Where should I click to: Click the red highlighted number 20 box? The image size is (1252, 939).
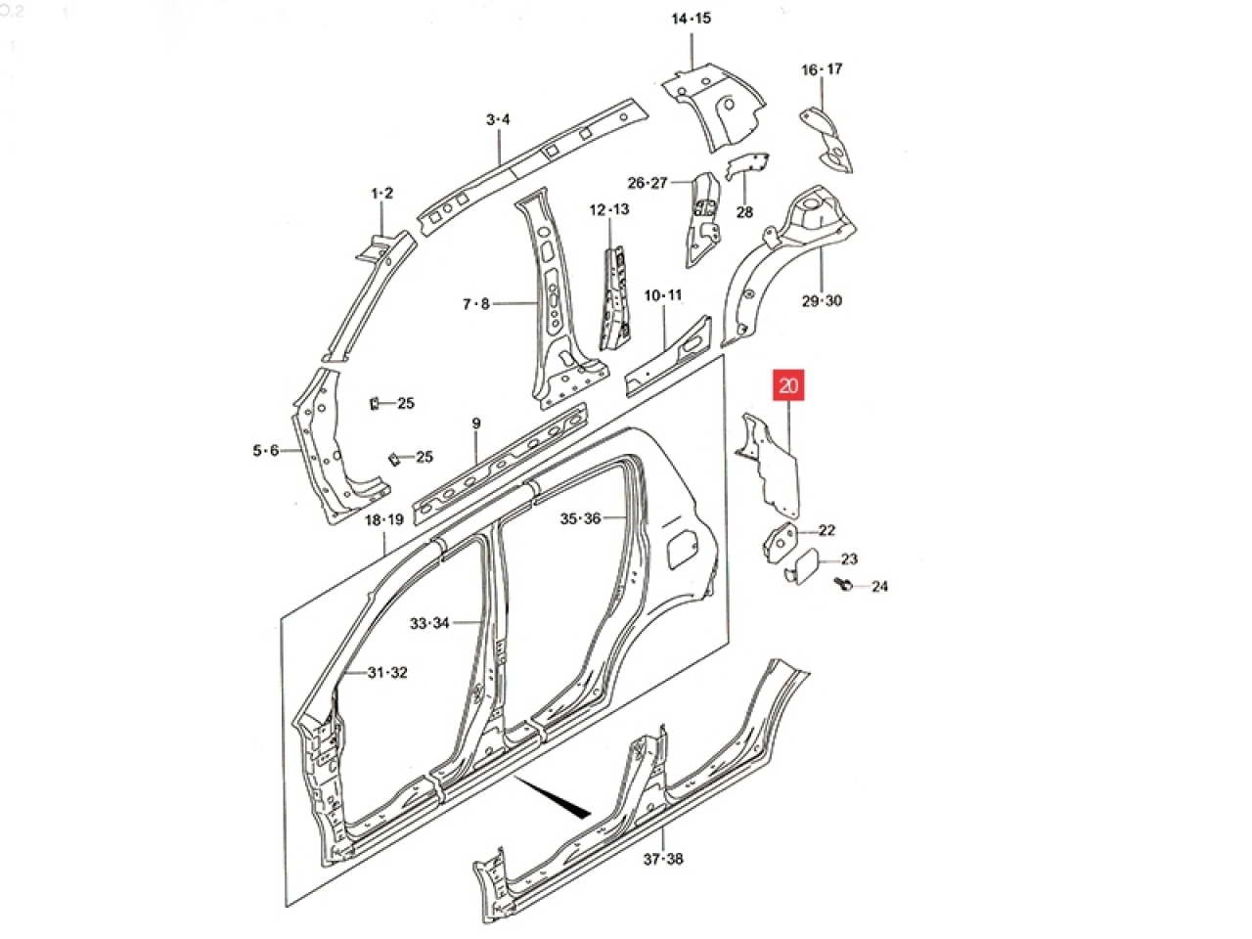tap(787, 385)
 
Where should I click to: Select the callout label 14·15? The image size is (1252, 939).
tap(691, 19)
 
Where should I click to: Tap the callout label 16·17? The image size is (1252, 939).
tap(822, 69)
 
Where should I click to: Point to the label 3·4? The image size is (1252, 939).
tap(498, 119)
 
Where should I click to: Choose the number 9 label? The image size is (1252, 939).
tap(476, 424)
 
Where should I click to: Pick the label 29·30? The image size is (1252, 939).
tap(822, 300)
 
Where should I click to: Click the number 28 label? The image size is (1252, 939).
tap(744, 212)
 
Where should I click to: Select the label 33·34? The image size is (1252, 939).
tap(429, 623)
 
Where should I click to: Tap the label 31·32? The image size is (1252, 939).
tap(387, 673)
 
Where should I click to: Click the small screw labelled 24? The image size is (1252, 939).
tap(843, 583)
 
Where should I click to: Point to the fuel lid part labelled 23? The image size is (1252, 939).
tap(802, 565)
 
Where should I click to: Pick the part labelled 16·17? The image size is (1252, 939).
tap(828, 141)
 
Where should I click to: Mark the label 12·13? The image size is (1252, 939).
tap(609, 209)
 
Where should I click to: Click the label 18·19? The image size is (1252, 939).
tap(383, 520)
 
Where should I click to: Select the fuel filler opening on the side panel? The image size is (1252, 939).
tap(682, 549)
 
